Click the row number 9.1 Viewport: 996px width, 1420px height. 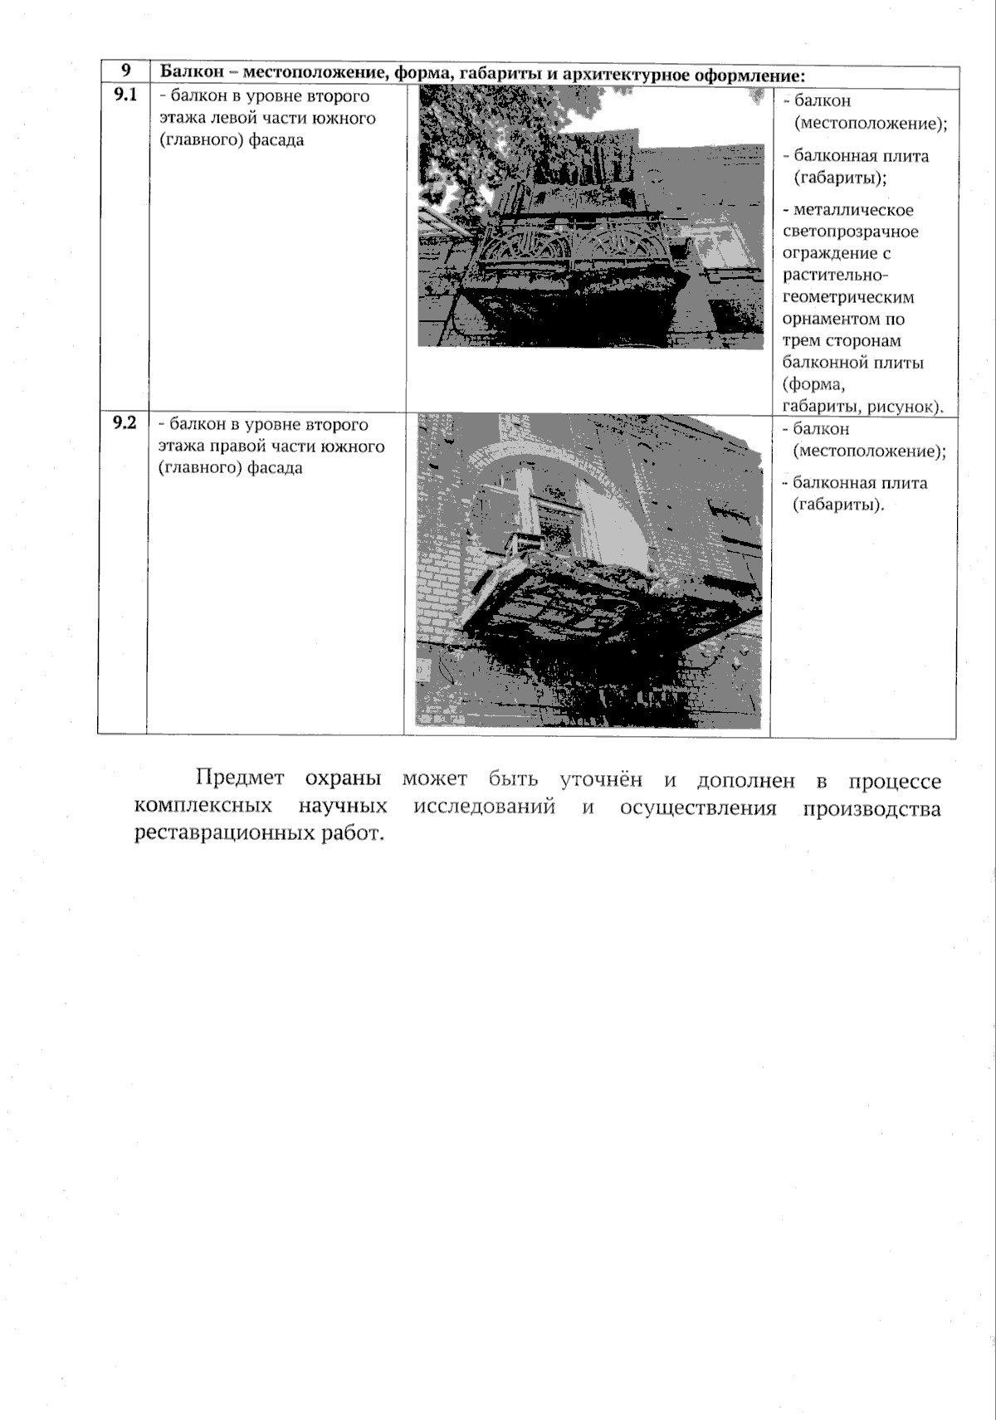(124, 94)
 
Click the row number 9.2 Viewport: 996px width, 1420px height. (124, 422)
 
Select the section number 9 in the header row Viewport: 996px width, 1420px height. (124, 71)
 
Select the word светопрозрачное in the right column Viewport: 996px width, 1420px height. (851, 232)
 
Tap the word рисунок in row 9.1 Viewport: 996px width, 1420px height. (906, 407)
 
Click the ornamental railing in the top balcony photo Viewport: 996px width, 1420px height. (581, 246)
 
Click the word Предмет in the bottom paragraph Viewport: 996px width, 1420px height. (240, 779)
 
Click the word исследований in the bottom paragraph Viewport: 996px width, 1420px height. (484, 808)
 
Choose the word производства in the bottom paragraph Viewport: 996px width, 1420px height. (871, 808)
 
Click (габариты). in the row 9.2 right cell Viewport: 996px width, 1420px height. (837, 505)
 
